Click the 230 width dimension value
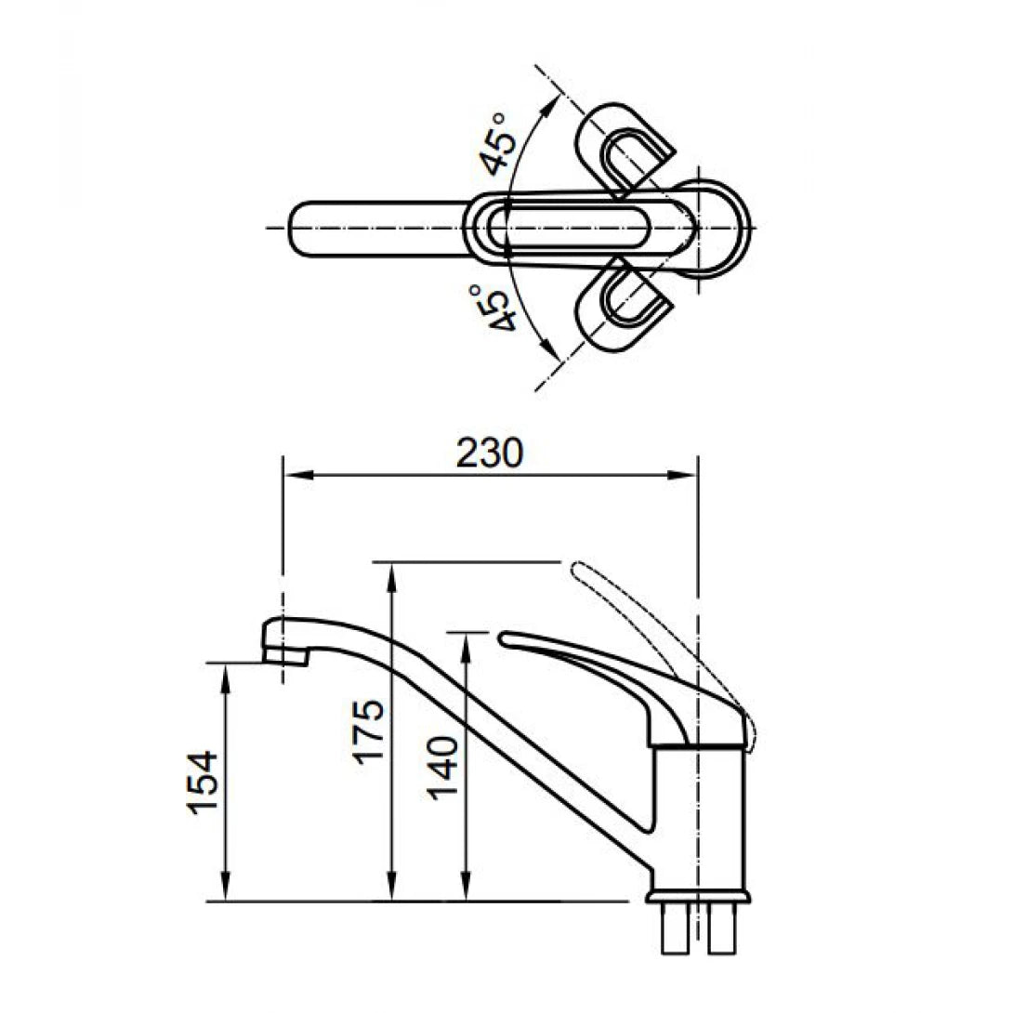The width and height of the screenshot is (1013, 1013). pyautogui.click(x=490, y=453)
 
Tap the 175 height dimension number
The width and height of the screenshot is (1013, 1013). pyautogui.click(x=369, y=730)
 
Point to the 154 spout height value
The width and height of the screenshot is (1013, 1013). pyautogui.click(x=204, y=782)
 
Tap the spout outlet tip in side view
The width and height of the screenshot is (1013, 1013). pyautogui.click(x=285, y=656)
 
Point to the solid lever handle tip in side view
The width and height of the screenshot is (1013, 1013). pyautogui.click(x=506, y=638)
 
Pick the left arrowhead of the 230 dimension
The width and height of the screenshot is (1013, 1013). pyautogui.click(x=290, y=475)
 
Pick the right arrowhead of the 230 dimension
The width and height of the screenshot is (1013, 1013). pyautogui.click(x=690, y=475)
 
